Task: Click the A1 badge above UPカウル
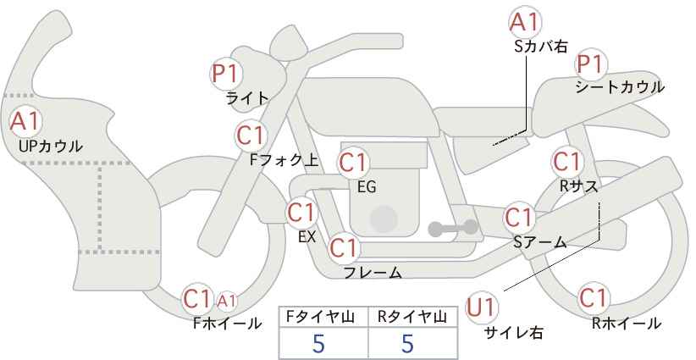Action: [x=25, y=122]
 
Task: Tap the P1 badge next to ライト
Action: [x=226, y=73]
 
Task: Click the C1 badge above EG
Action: [x=353, y=163]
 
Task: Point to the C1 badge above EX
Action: [x=301, y=213]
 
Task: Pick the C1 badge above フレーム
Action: [x=344, y=247]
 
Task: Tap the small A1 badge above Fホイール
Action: [x=227, y=301]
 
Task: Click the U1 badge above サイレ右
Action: [x=481, y=307]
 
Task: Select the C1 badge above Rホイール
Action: [x=594, y=298]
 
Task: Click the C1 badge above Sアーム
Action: [x=519, y=218]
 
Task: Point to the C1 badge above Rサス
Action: [x=567, y=162]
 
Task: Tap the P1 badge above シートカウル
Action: [x=591, y=65]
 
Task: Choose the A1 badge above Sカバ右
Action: [x=525, y=22]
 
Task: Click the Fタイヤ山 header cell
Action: [x=323, y=318]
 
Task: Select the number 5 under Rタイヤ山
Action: [x=407, y=343]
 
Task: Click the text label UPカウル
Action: [x=51, y=146]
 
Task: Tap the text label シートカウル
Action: [x=620, y=87]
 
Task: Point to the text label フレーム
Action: [x=373, y=273]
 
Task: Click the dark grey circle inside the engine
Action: [x=383, y=219]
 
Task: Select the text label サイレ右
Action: [x=514, y=333]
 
